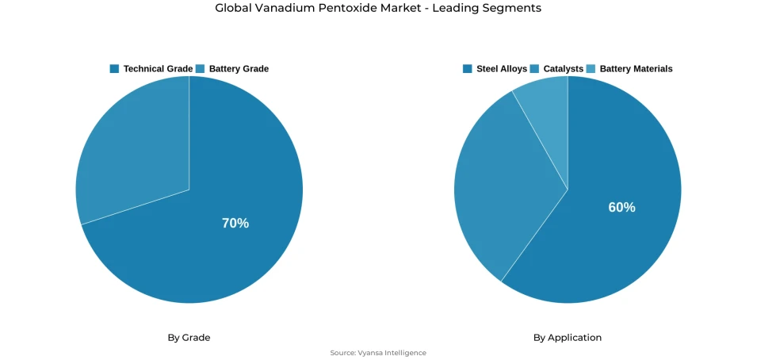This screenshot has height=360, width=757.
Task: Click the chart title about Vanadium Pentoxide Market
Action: point(378,8)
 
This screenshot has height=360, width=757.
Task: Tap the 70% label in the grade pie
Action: point(235,224)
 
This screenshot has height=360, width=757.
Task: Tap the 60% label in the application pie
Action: point(621,207)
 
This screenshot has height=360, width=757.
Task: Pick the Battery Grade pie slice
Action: point(127,151)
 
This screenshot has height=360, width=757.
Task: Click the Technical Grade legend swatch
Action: point(114,69)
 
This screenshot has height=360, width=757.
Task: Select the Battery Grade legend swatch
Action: point(201,69)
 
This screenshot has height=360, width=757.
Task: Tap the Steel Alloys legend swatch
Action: point(468,69)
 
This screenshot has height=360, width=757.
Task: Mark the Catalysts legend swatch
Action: point(535,69)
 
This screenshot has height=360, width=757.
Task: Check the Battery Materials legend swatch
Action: point(591,69)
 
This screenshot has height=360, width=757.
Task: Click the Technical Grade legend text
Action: point(158,69)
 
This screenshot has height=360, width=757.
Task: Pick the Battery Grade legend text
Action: point(239,69)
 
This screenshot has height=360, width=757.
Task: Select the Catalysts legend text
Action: point(564,69)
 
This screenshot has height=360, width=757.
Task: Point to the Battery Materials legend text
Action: point(636,69)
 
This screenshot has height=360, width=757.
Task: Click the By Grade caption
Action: point(189,338)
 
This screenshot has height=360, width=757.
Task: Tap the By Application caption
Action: point(568,338)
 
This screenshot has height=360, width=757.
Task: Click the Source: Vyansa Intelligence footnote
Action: point(378,353)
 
